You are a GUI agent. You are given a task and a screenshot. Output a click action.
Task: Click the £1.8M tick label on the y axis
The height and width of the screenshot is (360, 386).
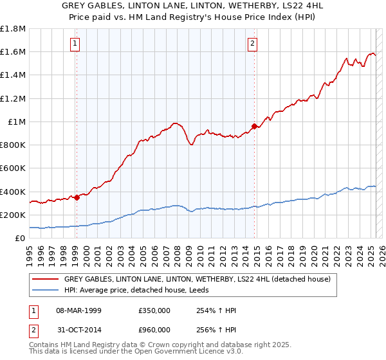[x=13, y=29]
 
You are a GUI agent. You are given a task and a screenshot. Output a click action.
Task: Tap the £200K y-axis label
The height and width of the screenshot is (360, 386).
[x=13, y=215]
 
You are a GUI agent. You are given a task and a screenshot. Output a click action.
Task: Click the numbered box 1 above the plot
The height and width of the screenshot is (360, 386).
[x=76, y=44]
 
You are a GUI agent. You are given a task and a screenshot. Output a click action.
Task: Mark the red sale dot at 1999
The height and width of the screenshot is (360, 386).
[x=77, y=197]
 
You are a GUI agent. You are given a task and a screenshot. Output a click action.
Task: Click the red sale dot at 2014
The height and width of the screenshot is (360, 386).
[x=255, y=127]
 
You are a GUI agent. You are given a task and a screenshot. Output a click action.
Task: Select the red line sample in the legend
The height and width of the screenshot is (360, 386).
[x=45, y=280]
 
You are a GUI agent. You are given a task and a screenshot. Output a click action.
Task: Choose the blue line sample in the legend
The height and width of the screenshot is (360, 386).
[x=45, y=291]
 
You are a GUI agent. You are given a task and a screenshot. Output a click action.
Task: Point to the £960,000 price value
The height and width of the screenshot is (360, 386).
[x=154, y=329]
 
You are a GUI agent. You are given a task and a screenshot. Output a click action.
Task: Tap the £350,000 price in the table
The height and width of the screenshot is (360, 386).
[x=154, y=310]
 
